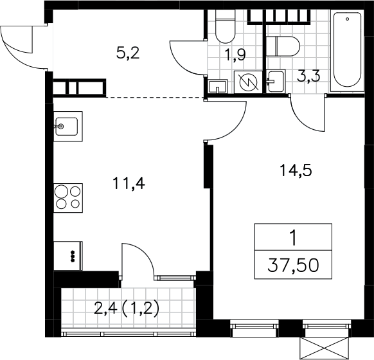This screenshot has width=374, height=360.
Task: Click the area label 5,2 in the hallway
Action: [128, 53]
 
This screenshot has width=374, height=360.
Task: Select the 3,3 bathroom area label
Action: [308, 76]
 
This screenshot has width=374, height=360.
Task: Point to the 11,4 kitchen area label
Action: [129, 184]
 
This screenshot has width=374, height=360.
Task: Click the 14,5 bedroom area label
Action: [296, 170]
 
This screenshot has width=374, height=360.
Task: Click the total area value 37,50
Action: [293, 265]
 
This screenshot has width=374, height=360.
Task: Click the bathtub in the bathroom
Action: [347, 51]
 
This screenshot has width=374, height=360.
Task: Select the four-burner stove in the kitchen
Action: [68, 198]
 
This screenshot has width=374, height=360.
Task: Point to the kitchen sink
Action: [68, 126]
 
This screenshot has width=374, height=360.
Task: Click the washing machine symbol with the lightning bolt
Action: [249, 82]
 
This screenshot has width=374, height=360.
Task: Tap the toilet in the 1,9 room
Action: [225, 26]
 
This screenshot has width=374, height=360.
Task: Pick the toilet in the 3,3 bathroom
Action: [283, 46]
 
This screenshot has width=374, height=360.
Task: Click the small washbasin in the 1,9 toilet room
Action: [218, 86]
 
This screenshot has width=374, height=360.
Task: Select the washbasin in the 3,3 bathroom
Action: [276, 81]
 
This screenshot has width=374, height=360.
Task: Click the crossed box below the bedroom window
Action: [326, 348]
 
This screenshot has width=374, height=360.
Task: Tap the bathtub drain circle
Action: [347, 19]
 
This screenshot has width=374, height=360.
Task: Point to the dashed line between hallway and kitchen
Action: [155, 97]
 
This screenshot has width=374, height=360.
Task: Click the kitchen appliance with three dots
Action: [68, 256]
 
